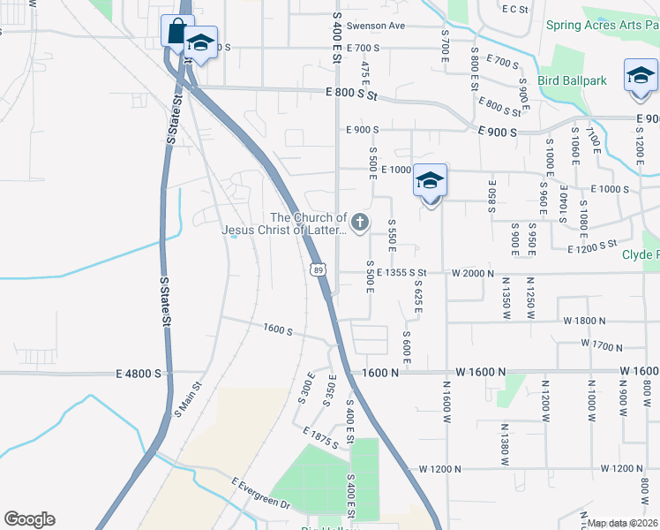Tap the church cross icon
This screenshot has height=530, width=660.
coord(359,223)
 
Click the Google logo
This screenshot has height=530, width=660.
coord(29,519)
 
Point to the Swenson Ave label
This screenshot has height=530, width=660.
coord(375,26)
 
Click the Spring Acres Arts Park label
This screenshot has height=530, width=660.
coord(602,25)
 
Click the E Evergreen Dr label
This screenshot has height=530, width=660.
coord(260,493)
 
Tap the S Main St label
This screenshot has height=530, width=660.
coord(188,398)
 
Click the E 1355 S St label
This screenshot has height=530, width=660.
coord(401,273)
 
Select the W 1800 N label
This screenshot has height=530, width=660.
coord(578,321)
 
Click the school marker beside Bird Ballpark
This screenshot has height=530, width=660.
coord(641,77)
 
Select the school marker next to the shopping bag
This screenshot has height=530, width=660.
coord(201,44)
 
